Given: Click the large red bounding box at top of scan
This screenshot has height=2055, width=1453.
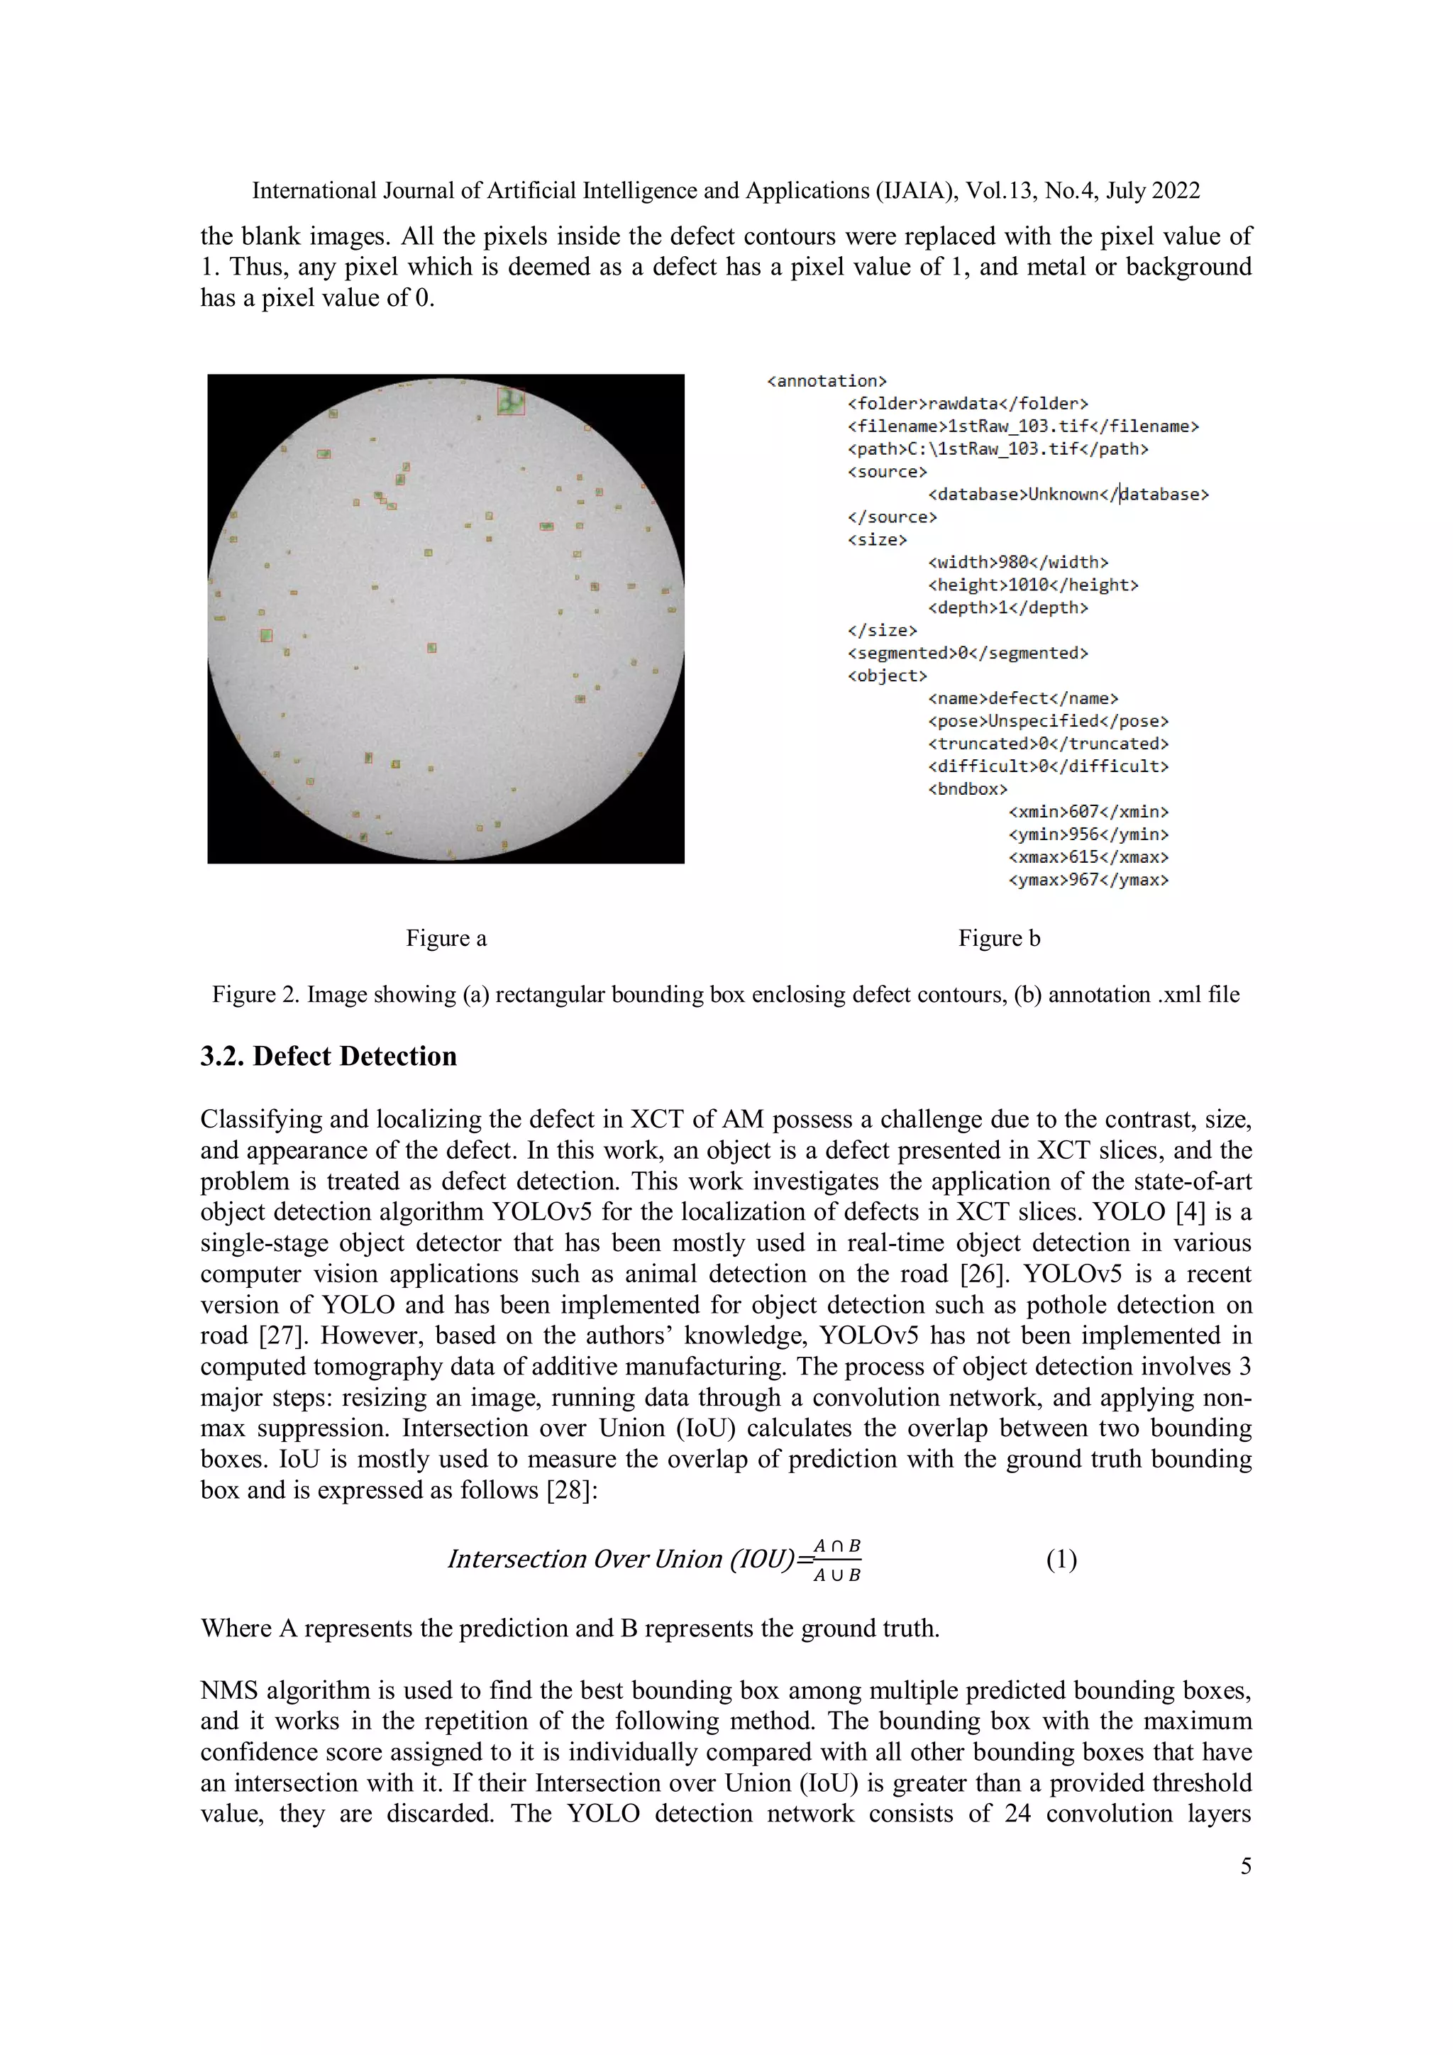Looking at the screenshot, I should tap(511, 400).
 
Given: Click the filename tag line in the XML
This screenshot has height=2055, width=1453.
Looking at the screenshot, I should tap(1022, 426).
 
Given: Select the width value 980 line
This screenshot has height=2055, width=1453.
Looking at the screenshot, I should tap(1018, 562).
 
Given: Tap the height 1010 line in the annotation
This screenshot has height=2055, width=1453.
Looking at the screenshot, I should tap(1032, 585).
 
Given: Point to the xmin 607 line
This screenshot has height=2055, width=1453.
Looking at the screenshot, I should tap(1088, 812).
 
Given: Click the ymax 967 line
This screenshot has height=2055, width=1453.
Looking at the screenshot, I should tap(1088, 880).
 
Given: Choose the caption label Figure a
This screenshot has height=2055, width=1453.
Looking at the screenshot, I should tap(446, 938).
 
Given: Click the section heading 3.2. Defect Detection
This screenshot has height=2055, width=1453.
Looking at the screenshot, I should tap(328, 1056).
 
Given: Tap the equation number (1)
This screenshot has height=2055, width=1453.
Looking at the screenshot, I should tap(1061, 1560).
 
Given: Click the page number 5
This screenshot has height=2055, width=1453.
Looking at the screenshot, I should tap(1245, 1866).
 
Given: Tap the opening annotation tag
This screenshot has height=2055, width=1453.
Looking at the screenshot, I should tap(827, 381).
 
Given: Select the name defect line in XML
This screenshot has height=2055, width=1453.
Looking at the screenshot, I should tap(1022, 698).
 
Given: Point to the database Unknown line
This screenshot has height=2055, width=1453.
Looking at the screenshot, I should tap(1068, 494).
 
